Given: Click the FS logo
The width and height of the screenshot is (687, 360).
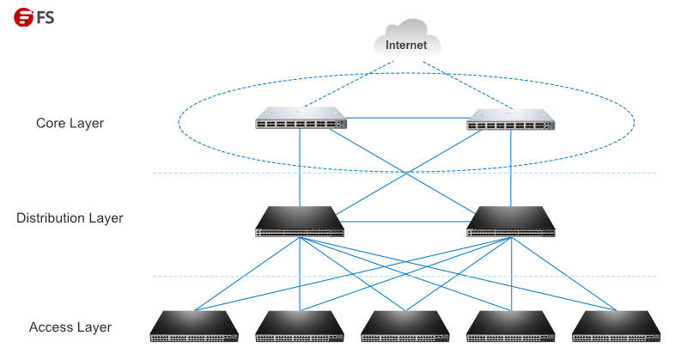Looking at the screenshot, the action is pos(33,17).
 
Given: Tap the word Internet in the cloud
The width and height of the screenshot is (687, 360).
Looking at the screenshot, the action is pos(406,45).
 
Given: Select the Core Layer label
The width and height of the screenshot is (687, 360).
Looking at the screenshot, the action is pos(70,123).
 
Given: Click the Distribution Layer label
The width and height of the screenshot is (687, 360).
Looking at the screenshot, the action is pos(70,218).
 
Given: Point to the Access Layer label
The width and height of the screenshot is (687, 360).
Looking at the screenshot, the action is pos(70,327).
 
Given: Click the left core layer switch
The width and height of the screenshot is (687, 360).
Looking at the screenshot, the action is pos(301,118).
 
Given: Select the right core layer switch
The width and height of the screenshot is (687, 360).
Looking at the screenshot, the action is pos(510,119).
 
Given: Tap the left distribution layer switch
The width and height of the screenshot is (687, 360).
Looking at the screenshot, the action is pos(300,222).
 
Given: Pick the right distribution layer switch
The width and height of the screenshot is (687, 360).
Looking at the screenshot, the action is pos(511,222).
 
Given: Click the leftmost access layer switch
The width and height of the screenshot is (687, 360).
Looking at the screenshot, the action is pos(194,326).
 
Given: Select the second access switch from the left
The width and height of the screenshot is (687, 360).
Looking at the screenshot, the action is pos(300,326).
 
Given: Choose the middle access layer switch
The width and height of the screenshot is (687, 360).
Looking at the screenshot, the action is pos(405,326).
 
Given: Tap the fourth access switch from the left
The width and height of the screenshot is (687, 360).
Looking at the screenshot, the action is pos(511,326).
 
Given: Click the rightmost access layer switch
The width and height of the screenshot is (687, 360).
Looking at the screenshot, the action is pos(617,326).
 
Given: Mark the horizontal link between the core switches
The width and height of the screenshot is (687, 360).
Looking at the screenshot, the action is pos(407,118).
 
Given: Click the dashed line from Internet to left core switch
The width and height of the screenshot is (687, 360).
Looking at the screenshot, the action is pos(350,83).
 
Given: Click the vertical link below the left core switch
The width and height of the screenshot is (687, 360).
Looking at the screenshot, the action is pos(300,168).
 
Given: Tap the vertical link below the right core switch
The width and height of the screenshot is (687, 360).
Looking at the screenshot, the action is pos(511,168).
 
